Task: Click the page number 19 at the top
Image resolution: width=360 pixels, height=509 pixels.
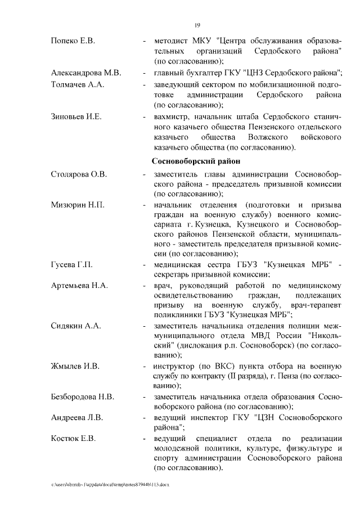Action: [197, 25]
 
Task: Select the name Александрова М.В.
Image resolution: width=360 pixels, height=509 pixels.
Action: [85, 73]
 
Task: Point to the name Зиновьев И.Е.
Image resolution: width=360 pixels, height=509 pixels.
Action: [76, 116]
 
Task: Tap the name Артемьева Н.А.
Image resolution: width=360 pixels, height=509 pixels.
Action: [79, 286]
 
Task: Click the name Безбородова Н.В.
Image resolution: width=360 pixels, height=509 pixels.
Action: [83, 398]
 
